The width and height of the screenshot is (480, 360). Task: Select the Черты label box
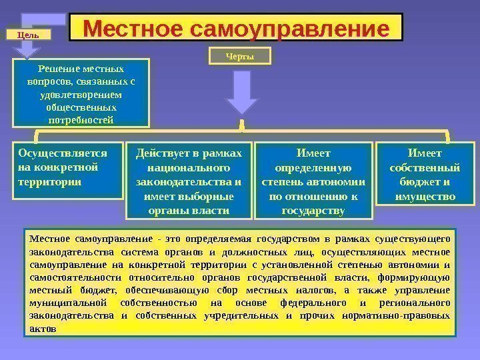point(241,57)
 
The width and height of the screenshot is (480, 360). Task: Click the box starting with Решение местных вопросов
point(81,93)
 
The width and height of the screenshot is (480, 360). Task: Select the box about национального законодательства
point(189,180)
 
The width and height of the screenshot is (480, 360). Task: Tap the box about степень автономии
point(314,180)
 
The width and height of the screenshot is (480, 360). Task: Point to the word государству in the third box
point(314,211)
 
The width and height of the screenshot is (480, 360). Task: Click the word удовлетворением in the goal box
point(81,95)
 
